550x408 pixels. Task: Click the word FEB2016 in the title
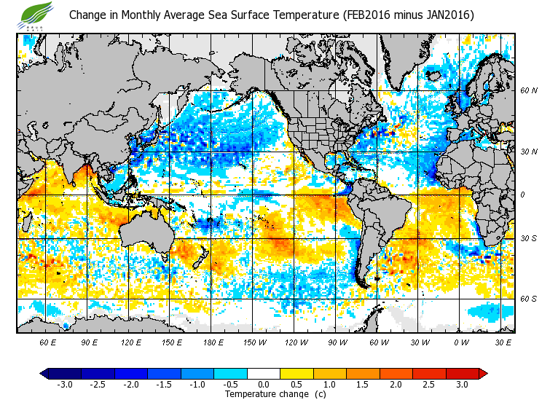(366, 15)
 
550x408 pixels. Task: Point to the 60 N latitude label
(528, 91)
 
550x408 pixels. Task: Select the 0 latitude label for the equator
(522, 195)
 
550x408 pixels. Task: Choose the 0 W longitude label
(460, 342)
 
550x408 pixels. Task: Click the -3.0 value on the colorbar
(64, 384)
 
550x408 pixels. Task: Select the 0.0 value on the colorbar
(264, 384)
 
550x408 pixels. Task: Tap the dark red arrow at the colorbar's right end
(482, 374)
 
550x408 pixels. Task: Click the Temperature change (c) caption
(264, 394)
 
